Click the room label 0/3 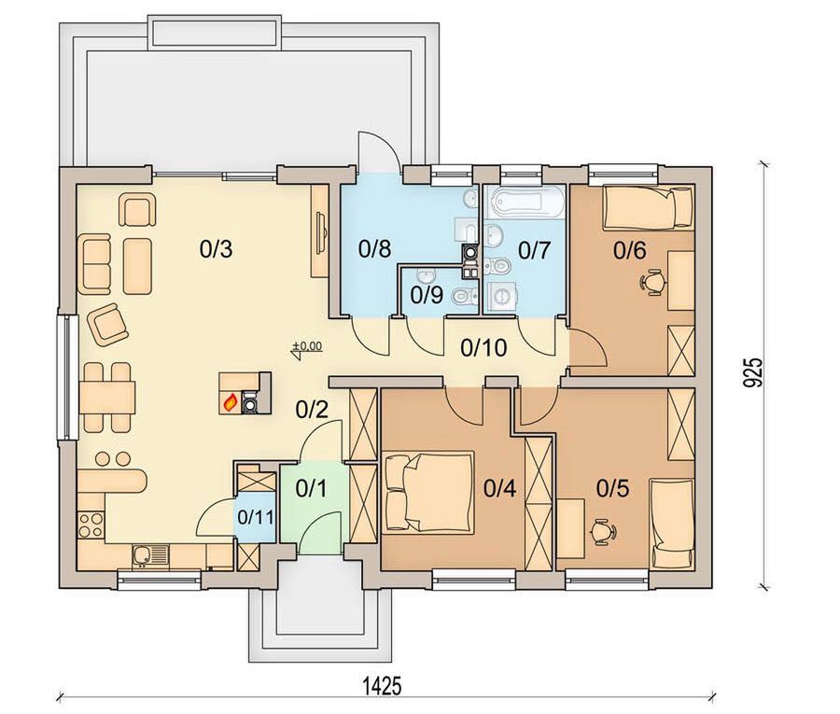pos(216,249)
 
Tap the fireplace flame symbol pos(231,401)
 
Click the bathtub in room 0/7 pos(525,203)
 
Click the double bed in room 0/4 pos(429,492)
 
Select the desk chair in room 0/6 pos(653,282)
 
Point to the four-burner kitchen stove pos(91,524)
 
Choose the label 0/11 pos(256,517)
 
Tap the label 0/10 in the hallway pos(483,347)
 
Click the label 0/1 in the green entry pos(311,488)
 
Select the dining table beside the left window pos(107,398)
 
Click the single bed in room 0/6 pos(649,208)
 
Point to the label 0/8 pos(375,249)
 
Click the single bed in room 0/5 pos(672,524)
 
